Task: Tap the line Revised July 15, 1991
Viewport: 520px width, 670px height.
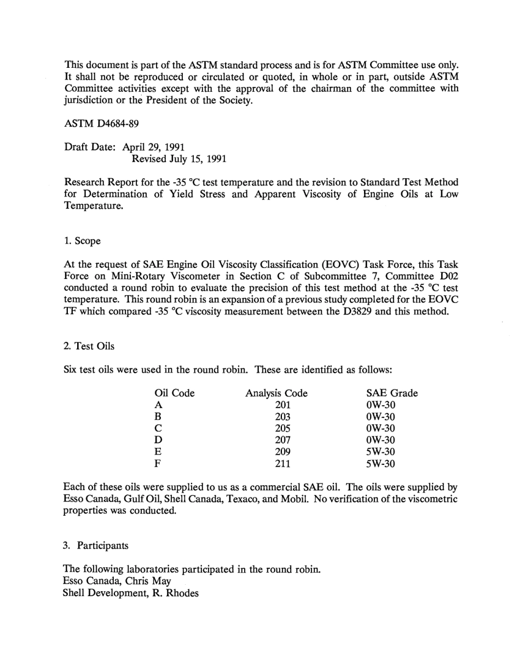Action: [179, 159]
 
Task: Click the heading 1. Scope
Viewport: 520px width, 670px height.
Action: [82, 241]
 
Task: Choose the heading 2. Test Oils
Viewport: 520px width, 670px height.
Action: [89, 346]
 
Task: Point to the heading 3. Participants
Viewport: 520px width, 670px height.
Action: [96, 545]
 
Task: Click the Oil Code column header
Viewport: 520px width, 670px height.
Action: [175, 393]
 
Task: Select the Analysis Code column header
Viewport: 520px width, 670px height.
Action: [276, 393]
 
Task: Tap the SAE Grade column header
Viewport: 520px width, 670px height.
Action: [391, 393]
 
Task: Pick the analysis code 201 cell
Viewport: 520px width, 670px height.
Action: [283, 405]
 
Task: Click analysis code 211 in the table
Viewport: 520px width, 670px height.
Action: [283, 464]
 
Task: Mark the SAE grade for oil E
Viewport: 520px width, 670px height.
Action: [380, 452]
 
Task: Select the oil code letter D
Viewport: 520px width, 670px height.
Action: [159, 440]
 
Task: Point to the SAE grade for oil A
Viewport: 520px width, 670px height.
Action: [380, 405]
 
